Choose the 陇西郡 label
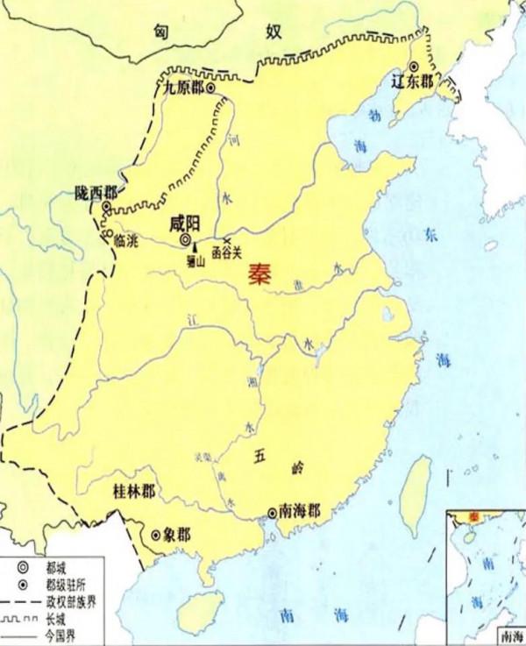[x=96, y=193]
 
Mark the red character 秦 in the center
[x=259, y=273]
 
